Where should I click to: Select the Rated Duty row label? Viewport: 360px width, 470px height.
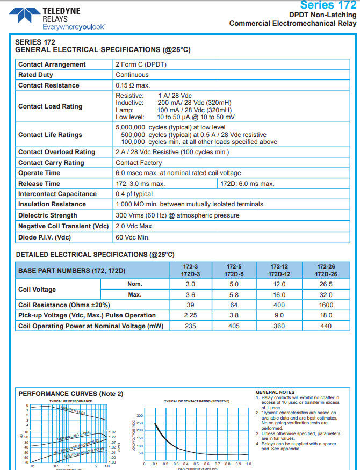pos(35,75)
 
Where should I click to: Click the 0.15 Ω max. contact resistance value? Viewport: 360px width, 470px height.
pos(133,85)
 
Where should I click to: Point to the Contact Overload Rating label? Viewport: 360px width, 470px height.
pos(56,152)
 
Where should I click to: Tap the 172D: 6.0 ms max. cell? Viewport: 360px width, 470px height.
pos(248,184)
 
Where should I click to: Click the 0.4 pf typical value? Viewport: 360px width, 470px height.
pos(134,194)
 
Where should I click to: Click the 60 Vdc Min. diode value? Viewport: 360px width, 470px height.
pos(133,237)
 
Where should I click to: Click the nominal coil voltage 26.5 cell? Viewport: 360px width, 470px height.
pos(326,284)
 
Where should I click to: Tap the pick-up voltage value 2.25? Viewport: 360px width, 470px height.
pos(191,315)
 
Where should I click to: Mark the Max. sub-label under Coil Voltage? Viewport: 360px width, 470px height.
pos(135,295)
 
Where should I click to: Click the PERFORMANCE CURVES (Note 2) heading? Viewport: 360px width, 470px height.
pos(71,394)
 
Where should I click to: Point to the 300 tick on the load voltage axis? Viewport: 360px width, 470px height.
pos(140,416)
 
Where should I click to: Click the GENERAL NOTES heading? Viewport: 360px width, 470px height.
pos(275,392)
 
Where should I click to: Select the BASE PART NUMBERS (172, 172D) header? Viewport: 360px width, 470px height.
pos(71,270)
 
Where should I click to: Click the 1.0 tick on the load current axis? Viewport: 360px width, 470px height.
pos(248,464)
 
